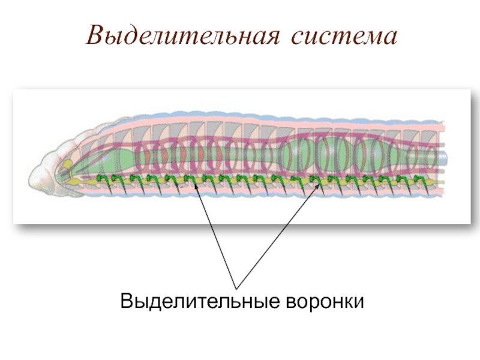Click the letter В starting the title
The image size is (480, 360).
tap(94, 36)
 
